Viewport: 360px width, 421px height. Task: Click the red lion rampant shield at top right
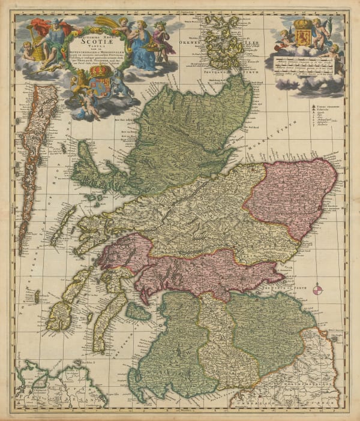pyautogui.click(x=301, y=31)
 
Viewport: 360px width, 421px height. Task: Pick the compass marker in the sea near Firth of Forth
pyautogui.click(x=317, y=290)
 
